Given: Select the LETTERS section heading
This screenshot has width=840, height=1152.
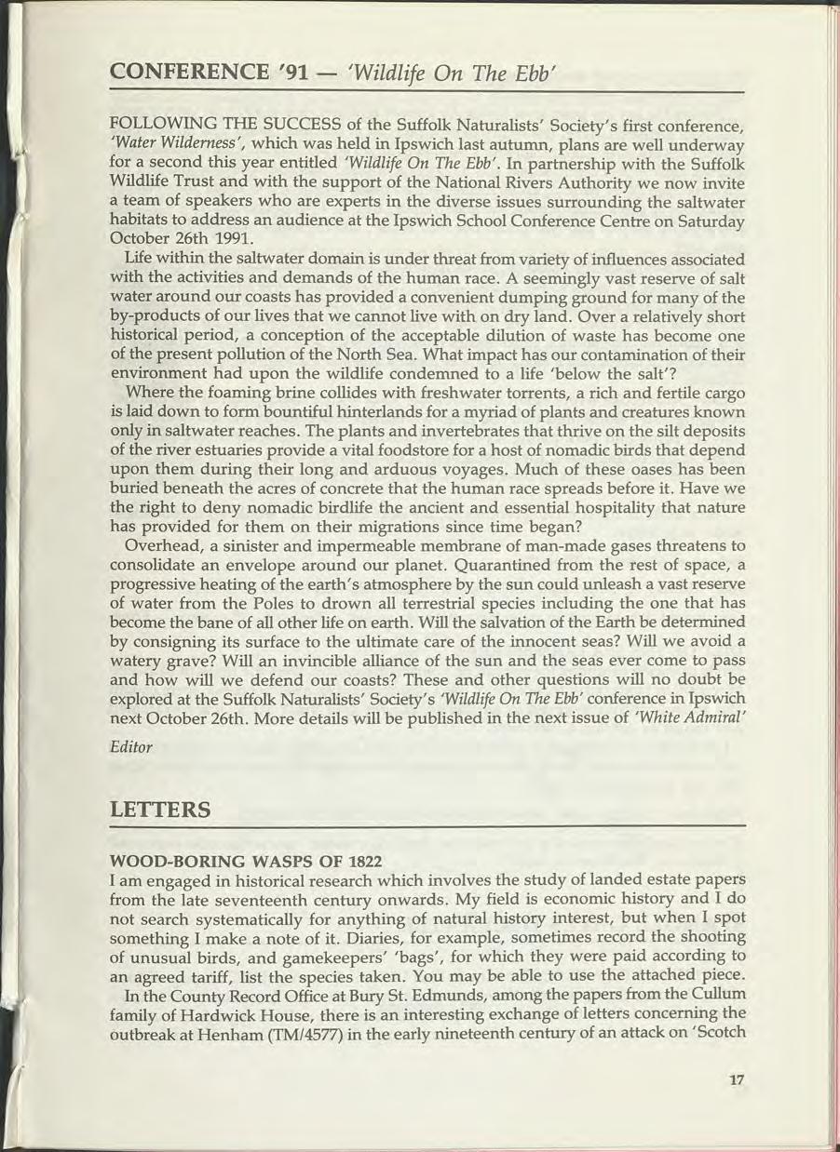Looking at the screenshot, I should (160, 810).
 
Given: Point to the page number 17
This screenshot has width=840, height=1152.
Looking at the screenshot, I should (737, 1079).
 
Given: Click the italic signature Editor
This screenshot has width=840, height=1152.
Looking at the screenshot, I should (130, 747).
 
